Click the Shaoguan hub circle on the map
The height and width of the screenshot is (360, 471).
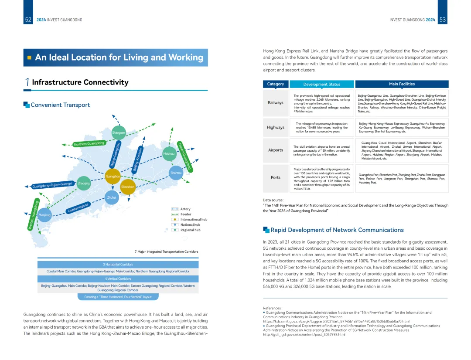pos(119,132)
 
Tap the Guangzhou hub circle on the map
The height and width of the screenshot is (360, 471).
pos(113,177)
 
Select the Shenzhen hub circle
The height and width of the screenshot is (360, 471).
pos(128,187)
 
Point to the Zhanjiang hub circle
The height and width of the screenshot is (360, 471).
pos(44,215)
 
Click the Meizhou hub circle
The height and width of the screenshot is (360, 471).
pos(169,153)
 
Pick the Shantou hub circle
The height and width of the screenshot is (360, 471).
pos(176,173)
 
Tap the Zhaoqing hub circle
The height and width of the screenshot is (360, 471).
pos(84,183)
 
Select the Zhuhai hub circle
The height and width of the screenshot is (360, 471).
pos(112,197)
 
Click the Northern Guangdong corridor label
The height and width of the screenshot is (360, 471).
pos(89,143)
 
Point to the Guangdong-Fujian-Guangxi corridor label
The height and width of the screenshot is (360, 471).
pos(52,185)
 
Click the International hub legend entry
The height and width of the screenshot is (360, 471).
pos(191,219)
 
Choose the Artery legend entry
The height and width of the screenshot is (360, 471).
pos(185,209)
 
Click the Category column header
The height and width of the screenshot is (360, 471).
pos(276,84)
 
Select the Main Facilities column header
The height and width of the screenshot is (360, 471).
pos(402,84)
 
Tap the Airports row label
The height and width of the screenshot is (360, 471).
pos(276,150)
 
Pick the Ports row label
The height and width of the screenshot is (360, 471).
pos(276,177)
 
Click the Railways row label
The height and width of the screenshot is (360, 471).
pos(276,102)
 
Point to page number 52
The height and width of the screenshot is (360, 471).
pos(28,20)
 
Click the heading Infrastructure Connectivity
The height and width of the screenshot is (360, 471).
pos(80,82)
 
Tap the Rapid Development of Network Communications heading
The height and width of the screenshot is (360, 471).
pos(337,230)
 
